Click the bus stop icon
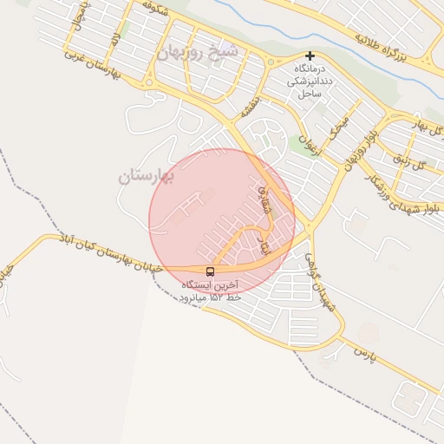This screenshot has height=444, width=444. [211, 271]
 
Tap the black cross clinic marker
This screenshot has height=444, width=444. [310, 56]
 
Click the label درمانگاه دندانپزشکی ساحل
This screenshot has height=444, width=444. [309, 80]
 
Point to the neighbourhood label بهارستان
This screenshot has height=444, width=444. [147, 177]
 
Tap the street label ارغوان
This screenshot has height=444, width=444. [309, 139]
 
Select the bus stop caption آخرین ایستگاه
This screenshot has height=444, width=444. [210, 285]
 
